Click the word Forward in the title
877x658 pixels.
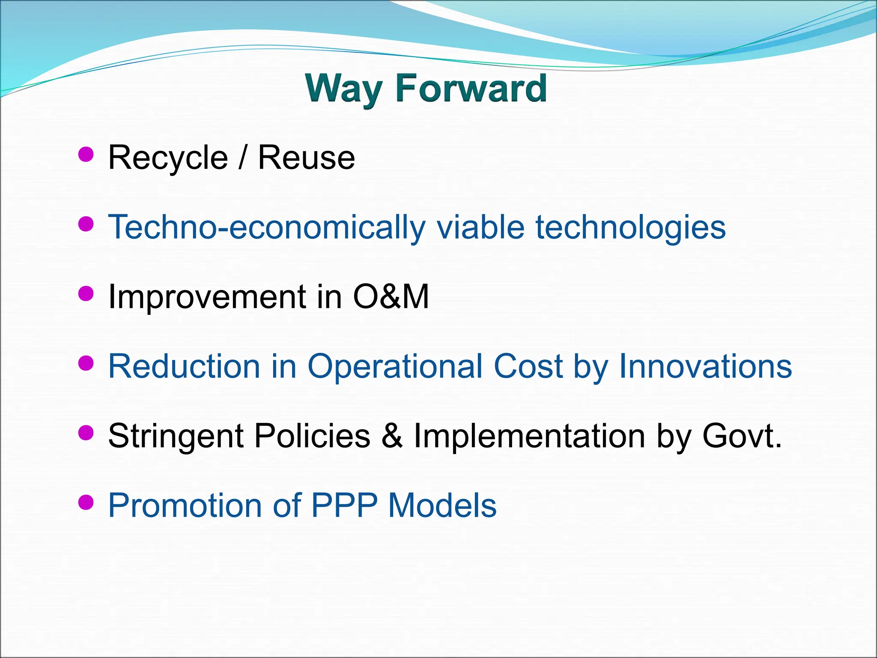(x=471, y=88)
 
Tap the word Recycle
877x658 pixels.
(x=168, y=158)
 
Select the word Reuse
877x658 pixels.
(x=306, y=158)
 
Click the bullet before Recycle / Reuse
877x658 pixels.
(x=86, y=154)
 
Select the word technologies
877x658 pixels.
(x=630, y=227)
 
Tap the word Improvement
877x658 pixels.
(x=207, y=296)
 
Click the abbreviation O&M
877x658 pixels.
(x=391, y=296)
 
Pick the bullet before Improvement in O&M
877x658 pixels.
(x=86, y=293)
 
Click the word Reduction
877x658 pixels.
(x=184, y=366)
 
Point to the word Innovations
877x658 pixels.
(x=705, y=366)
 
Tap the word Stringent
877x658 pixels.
(x=176, y=436)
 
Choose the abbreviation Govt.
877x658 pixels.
(x=742, y=436)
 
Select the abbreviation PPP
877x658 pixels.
(x=344, y=505)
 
